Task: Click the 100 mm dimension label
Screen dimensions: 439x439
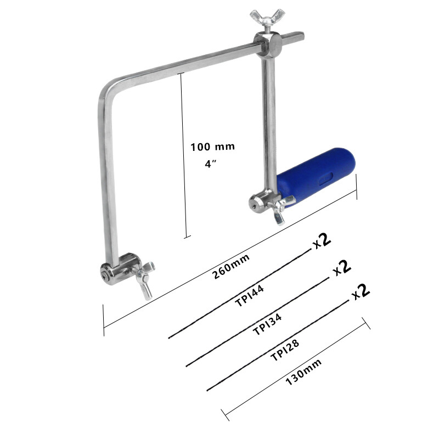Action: (x=212, y=147)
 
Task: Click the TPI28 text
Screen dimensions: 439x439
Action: (x=285, y=350)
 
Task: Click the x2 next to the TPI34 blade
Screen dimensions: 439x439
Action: (x=342, y=267)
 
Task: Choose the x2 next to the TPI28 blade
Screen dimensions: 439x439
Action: (x=361, y=291)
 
